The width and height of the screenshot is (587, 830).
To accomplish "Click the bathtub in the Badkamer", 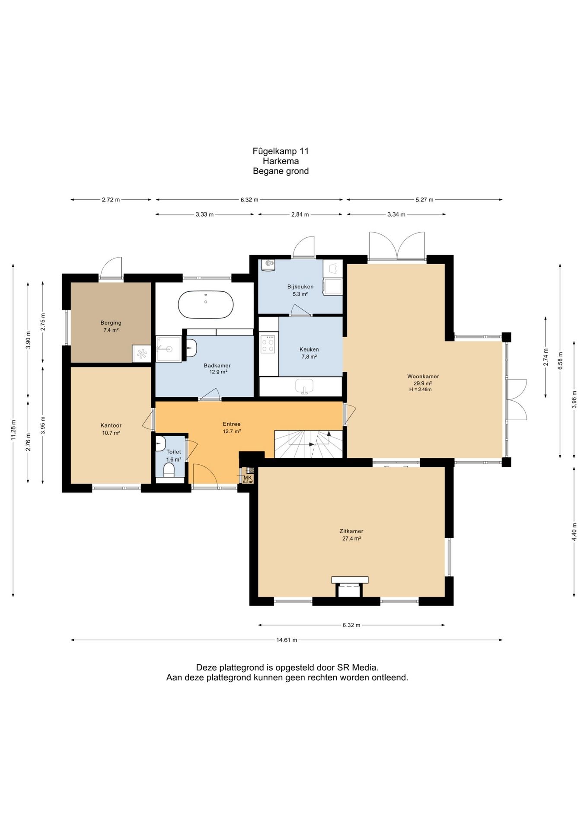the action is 206,304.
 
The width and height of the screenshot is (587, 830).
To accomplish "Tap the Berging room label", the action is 111,322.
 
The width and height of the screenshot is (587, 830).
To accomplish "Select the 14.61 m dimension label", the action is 287,640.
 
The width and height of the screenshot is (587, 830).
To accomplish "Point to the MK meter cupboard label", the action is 248,477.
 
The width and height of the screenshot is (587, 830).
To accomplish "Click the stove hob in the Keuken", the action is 268,344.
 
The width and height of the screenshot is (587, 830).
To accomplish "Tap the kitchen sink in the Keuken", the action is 304,386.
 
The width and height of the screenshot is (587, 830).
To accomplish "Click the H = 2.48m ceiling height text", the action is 421,389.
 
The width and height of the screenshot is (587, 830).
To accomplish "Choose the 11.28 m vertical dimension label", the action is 13,430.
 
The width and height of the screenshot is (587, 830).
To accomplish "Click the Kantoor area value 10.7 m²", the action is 111,433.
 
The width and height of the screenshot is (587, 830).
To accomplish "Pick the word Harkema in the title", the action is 281,161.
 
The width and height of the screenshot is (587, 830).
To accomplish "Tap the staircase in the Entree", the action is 309,444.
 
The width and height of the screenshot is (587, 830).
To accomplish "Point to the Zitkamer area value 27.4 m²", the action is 351,539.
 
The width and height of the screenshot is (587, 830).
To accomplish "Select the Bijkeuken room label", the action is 300,287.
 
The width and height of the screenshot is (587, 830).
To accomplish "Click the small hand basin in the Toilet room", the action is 160,444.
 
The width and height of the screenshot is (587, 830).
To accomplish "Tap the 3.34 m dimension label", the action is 396,214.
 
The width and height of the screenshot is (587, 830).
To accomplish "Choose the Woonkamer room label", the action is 423,376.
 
